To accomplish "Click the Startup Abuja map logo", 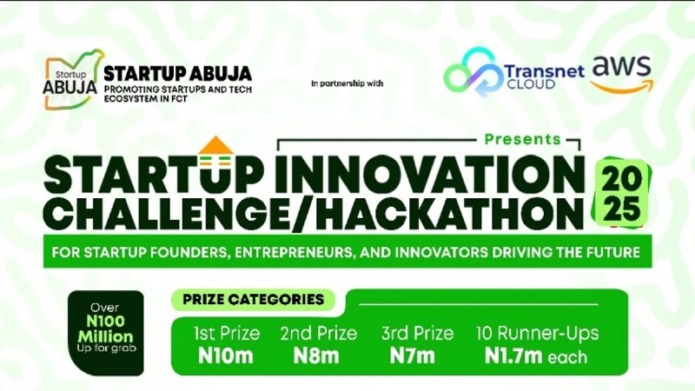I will coord(73,79).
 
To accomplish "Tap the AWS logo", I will coord(620,73).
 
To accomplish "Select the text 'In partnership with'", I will coord(347,83).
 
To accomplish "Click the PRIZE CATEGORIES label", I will coord(253,300).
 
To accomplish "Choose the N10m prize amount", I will coord(225,355).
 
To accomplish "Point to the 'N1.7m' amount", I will coord(515,355).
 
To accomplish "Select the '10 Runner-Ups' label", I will coord(537,333).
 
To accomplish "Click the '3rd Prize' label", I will coord(417,333).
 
